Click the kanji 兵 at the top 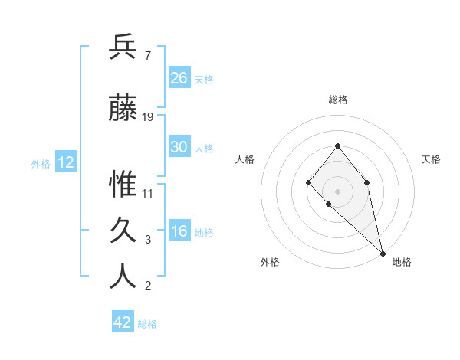(x=123, y=47)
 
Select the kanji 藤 (x=123, y=108)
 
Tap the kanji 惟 (x=123, y=185)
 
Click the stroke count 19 (x=148, y=117)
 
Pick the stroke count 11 (x=148, y=194)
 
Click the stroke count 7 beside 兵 (x=147, y=56)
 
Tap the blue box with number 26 (x=179, y=77)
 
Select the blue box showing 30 (x=179, y=147)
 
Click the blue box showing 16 (x=179, y=231)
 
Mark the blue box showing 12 (x=65, y=162)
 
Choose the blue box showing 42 (x=123, y=322)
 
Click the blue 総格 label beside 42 (x=147, y=324)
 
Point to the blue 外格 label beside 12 (x=41, y=163)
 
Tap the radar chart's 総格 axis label (x=338, y=100)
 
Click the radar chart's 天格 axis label (x=431, y=159)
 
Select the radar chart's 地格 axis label (x=402, y=262)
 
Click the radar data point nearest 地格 (x=383, y=253)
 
